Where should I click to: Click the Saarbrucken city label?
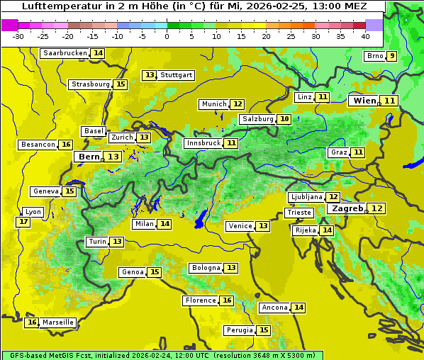65,53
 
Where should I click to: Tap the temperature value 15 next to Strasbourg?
121,84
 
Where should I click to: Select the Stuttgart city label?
177,74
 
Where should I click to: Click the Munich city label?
214,104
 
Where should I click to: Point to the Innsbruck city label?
203,143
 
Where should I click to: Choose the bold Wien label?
365,101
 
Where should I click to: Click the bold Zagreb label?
347,208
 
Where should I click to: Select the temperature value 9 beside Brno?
392,57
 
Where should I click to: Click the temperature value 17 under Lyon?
23,222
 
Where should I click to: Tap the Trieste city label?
298,213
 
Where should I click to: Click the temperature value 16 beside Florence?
227,300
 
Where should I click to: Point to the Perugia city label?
239,330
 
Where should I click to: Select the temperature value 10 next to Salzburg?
284,119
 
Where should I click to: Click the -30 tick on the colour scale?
18,36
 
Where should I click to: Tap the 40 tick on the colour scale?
364,36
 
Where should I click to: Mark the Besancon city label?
38,145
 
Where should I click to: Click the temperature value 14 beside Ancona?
299,308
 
